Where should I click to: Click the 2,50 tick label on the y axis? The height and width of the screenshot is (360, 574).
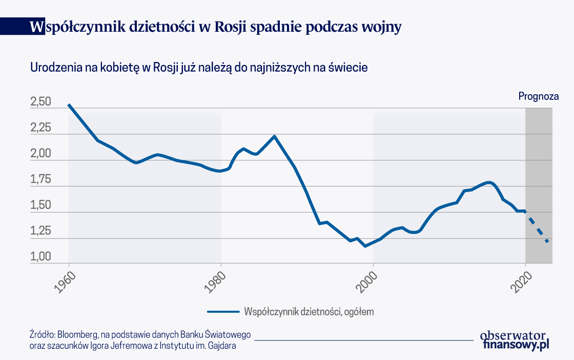point(40,102)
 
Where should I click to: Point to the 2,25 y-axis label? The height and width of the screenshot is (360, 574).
point(40,128)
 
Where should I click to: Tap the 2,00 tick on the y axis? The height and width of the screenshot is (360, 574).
point(40,153)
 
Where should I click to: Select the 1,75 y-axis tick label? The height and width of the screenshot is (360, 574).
point(40,179)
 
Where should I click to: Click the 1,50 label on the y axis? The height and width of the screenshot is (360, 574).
point(40,205)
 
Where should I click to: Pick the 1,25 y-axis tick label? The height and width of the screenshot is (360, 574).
point(40,231)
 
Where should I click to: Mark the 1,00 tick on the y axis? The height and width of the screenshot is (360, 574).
point(40,257)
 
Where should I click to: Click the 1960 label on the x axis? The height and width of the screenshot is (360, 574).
point(65,282)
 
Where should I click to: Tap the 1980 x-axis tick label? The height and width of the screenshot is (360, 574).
point(215,282)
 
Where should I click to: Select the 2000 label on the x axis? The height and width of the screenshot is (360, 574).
point(367,282)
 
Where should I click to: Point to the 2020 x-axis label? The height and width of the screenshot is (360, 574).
point(521,282)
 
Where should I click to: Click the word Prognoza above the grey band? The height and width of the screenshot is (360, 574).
point(539,97)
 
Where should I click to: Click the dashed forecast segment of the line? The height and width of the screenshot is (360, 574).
point(536,226)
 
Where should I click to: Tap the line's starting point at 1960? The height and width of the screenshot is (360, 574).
point(69,105)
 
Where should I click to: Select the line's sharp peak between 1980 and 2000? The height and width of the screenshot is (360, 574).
point(274,136)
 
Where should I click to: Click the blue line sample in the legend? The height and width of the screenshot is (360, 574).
point(223,312)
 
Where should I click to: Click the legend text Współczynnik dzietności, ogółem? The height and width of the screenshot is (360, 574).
point(309,312)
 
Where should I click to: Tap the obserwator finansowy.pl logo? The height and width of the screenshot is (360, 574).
point(515,341)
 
